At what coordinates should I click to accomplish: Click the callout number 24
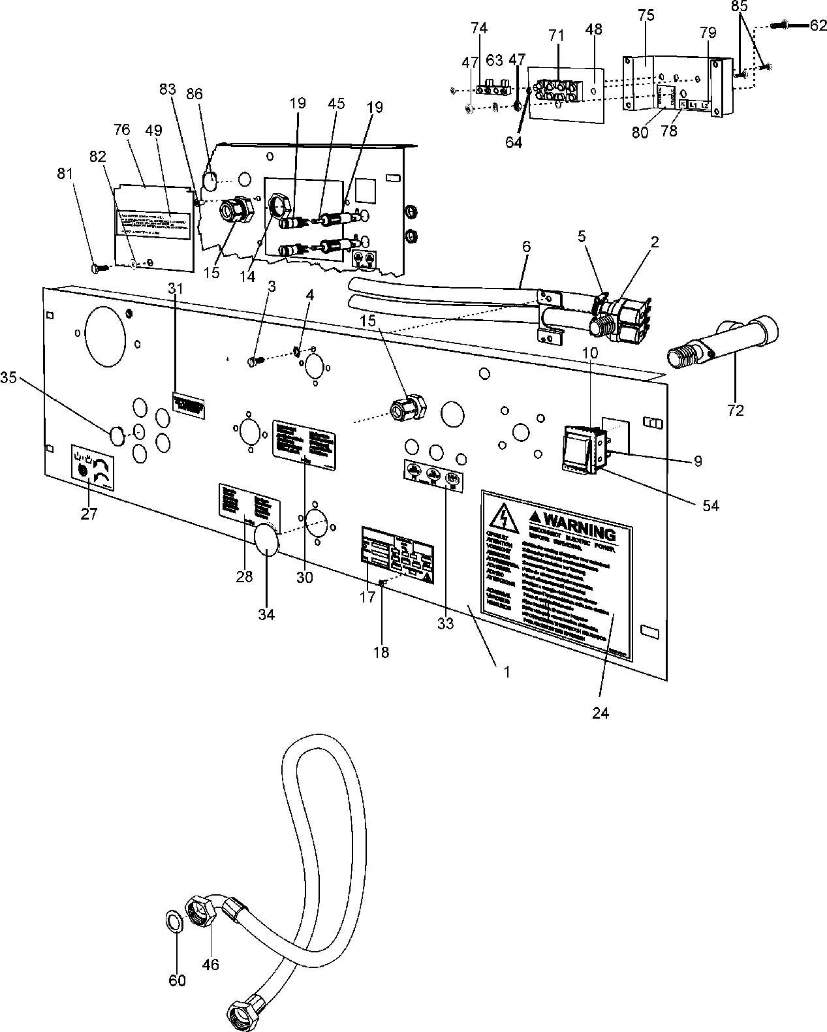coord(601,713)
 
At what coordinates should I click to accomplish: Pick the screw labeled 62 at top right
coord(788,25)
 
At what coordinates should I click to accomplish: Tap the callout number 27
coord(89,514)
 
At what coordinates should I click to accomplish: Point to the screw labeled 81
coord(99,268)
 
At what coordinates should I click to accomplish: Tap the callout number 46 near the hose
coord(210,963)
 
